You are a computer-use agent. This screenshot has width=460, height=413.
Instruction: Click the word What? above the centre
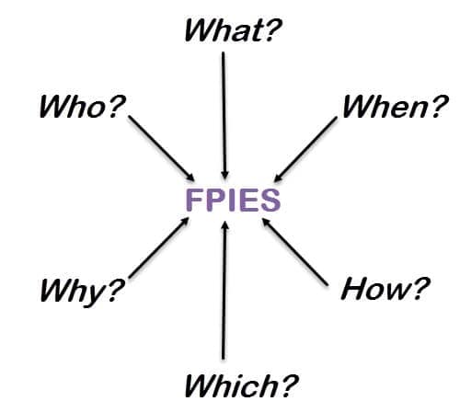pos(233,30)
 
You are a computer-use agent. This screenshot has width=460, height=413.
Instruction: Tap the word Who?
pos(82,107)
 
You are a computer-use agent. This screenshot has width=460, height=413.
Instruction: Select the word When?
pos(396,106)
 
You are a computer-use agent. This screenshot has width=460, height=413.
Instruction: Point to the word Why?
pos(82,291)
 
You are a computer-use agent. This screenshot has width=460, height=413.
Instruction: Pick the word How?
pos(385,288)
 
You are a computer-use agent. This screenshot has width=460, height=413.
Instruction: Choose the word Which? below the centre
pos(241,385)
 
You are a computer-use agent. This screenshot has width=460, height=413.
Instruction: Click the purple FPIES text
pos(233,200)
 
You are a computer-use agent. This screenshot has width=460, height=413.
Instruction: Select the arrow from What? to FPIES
pos(224,115)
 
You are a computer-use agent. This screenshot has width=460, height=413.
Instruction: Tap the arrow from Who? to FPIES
pos(161,148)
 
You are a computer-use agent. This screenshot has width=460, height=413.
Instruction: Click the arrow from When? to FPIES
pos(305,149)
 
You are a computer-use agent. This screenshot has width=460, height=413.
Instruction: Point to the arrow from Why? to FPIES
pos(159,247)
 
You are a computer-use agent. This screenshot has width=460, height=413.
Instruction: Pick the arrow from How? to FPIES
pos(295,252)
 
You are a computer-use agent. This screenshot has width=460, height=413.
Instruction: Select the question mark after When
pos(439,106)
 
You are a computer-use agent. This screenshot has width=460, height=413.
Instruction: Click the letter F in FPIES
pos(195,200)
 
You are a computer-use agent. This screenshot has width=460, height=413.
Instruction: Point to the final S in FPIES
pos(270,200)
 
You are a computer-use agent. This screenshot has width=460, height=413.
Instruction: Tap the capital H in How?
pos(354,288)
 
